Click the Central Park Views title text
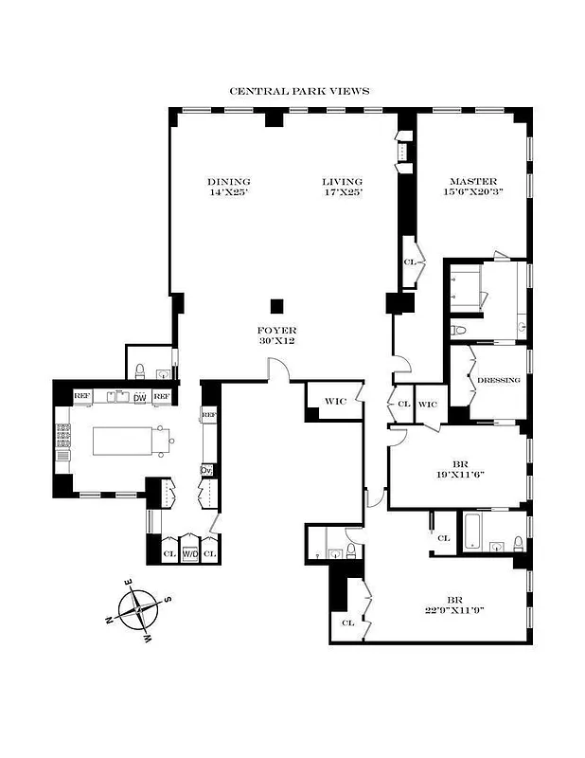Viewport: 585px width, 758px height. point(299,92)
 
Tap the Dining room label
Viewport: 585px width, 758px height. point(229,188)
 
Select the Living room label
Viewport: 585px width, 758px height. point(342,188)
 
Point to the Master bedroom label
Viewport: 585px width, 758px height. point(473,188)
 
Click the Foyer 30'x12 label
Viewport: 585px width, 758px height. point(277,334)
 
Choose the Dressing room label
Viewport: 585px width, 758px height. point(498,380)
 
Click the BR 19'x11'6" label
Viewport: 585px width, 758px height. point(461,471)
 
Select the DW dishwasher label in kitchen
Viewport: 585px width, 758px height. point(139,397)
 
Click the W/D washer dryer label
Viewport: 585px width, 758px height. point(190,553)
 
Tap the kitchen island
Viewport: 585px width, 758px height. point(126,440)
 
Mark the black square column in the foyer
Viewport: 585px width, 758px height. point(276,305)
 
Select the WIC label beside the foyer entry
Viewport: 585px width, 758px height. point(335,402)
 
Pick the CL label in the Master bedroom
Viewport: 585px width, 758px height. point(410,262)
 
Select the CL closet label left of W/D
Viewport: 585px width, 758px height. point(169,553)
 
